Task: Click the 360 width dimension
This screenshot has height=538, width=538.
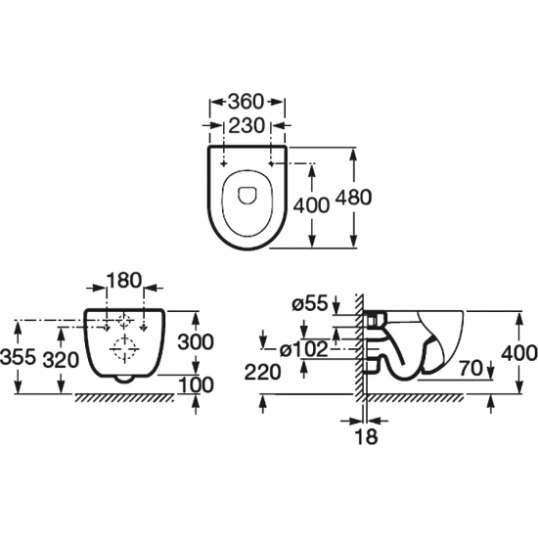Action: coord(247,101)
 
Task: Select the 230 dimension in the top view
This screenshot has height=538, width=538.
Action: coord(247,125)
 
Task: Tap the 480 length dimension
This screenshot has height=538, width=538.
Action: coord(353,198)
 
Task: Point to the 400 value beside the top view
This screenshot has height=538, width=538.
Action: coord(311,205)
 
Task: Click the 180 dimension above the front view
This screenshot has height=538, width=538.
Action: coord(124,280)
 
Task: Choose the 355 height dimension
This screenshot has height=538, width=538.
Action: coord(18,356)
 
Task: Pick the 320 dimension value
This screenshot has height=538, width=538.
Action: coord(61,360)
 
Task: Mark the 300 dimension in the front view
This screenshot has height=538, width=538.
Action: coord(196,342)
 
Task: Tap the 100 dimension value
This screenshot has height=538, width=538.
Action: coord(196,384)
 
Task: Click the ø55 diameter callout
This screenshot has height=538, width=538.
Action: coord(310,304)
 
